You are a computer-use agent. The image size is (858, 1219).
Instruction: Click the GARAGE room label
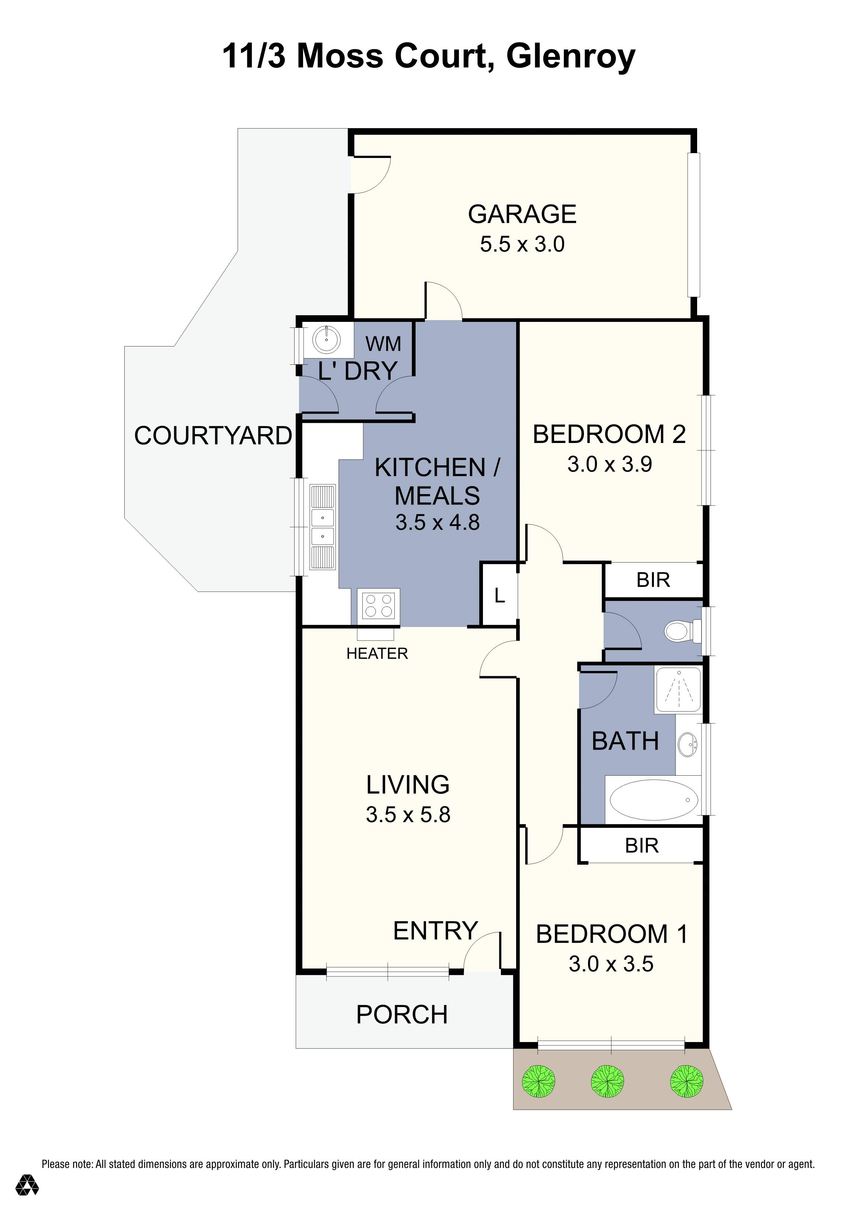click(522, 215)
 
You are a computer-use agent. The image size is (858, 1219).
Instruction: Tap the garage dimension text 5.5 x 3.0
click(522, 245)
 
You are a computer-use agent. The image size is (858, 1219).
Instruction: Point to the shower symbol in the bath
click(678, 690)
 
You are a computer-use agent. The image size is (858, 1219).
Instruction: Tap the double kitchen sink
click(322, 527)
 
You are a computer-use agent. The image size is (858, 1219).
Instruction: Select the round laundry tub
click(326, 340)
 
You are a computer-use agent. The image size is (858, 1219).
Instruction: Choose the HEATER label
click(377, 653)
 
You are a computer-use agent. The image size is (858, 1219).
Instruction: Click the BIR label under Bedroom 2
click(653, 580)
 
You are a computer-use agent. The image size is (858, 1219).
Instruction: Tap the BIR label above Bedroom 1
click(642, 846)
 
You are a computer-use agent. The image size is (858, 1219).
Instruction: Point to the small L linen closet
click(499, 596)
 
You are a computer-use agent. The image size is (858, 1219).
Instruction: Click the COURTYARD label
click(213, 436)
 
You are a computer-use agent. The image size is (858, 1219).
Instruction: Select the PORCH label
click(402, 1015)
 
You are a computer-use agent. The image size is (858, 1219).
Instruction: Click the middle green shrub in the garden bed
click(607, 1082)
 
